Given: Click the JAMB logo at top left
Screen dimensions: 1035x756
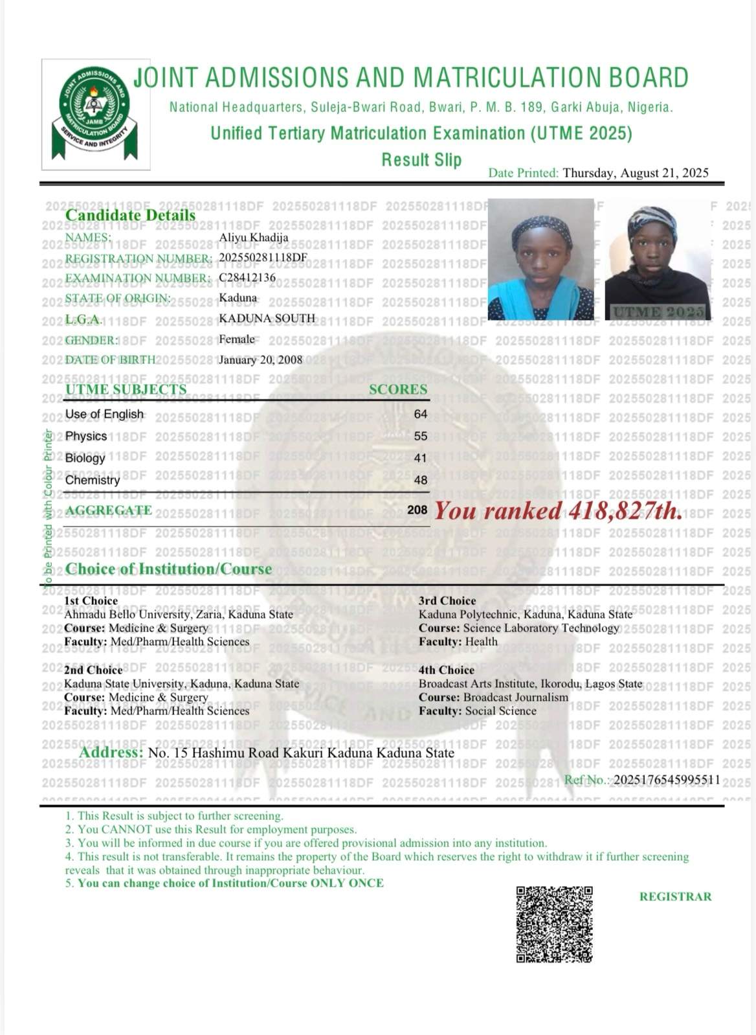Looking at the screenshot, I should (x=96, y=114).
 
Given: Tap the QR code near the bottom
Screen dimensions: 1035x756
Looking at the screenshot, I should (x=554, y=924).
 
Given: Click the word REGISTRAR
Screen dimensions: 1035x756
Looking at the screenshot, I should (x=675, y=896).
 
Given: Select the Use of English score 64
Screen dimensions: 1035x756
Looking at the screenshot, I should (x=421, y=414).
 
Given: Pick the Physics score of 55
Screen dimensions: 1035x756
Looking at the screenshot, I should (x=421, y=436).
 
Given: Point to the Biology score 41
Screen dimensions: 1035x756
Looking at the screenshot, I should (x=421, y=458).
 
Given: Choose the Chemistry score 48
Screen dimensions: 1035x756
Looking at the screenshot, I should (x=421, y=480).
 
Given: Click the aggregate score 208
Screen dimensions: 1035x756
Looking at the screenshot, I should (x=417, y=510).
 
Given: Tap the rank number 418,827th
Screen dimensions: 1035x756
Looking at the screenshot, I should (x=625, y=511).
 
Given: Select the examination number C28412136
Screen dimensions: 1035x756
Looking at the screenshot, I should (x=247, y=277).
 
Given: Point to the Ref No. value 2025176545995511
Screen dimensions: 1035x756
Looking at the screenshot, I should (x=667, y=780).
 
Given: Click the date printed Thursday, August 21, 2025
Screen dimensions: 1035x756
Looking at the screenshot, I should (x=636, y=172).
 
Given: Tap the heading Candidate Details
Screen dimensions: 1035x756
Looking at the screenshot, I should (x=130, y=215).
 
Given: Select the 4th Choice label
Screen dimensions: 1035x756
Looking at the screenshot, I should (x=447, y=670).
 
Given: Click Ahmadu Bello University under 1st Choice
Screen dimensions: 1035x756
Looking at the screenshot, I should (x=127, y=614).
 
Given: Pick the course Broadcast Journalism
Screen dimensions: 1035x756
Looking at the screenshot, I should (x=515, y=697).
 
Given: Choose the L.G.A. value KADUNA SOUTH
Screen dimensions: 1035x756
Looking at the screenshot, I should (x=267, y=318).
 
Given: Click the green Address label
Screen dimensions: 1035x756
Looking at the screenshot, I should (x=111, y=752).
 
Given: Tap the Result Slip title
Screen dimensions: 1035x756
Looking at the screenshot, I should (x=421, y=159).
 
